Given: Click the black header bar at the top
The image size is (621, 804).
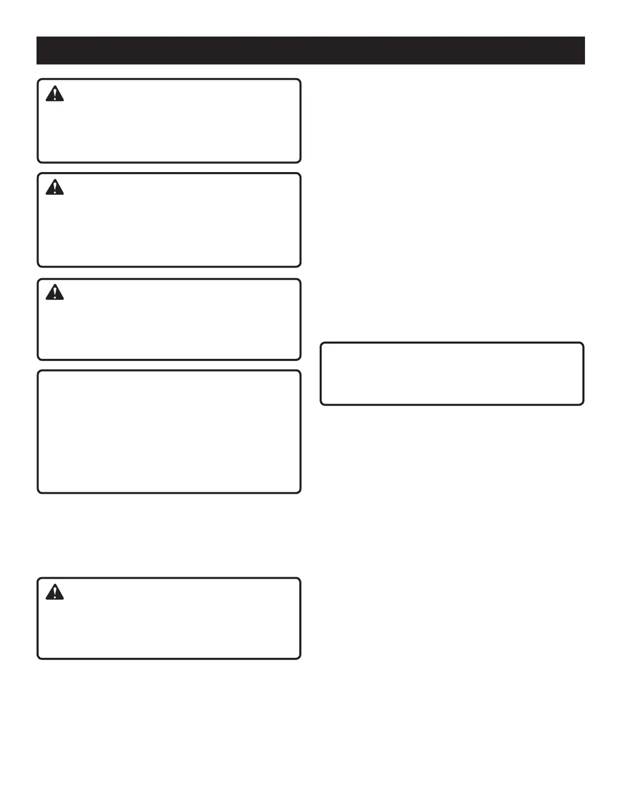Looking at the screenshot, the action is click(310, 50).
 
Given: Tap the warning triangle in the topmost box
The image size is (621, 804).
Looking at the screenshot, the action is click(55, 94).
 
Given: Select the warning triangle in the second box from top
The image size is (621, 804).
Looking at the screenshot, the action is click(55, 188).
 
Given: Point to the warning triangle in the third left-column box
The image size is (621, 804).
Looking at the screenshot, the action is click(55, 292).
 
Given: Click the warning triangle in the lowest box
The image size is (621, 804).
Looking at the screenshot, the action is click(55, 592).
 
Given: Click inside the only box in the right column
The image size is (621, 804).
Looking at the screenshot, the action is click(452, 374).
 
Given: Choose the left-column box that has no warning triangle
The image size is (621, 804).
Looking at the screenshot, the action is click(169, 431).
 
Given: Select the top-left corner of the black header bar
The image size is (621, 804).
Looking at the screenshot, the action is click(37, 37).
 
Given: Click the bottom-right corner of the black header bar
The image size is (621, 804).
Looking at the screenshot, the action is click(584, 64).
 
